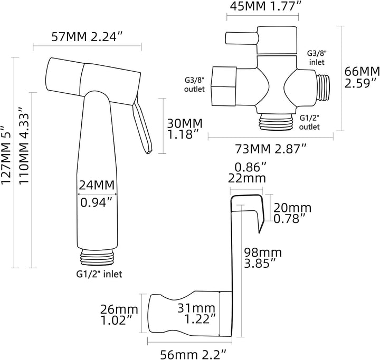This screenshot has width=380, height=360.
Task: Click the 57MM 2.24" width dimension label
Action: [86, 37]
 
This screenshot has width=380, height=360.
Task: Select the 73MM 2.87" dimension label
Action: [271, 149]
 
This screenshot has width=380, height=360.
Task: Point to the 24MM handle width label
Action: [97, 185]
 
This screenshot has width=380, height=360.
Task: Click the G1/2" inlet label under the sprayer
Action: [99, 274]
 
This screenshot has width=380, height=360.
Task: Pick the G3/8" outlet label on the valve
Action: [195, 84]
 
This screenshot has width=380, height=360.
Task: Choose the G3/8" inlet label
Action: [317, 57]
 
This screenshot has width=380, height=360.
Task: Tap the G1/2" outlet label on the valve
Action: [309, 122]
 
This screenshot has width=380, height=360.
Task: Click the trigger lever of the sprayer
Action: [142, 123]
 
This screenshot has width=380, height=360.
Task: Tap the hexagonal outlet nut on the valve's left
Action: [224, 86]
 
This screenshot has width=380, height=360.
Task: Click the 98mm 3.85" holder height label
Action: [263, 258]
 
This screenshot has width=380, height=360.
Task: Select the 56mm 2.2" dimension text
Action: [193, 355]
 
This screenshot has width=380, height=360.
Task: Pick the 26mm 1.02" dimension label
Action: [119, 315]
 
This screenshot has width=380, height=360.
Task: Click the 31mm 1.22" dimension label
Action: [197, 314]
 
